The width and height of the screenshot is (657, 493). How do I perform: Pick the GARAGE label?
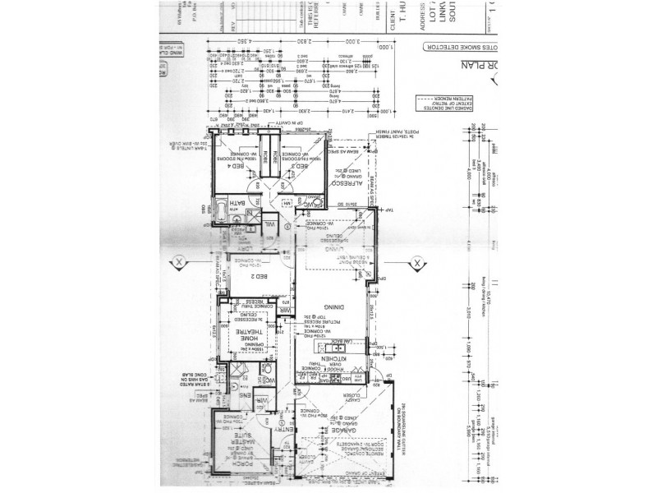341,430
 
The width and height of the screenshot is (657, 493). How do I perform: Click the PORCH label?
247,465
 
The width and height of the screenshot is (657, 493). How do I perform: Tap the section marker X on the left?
177,263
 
